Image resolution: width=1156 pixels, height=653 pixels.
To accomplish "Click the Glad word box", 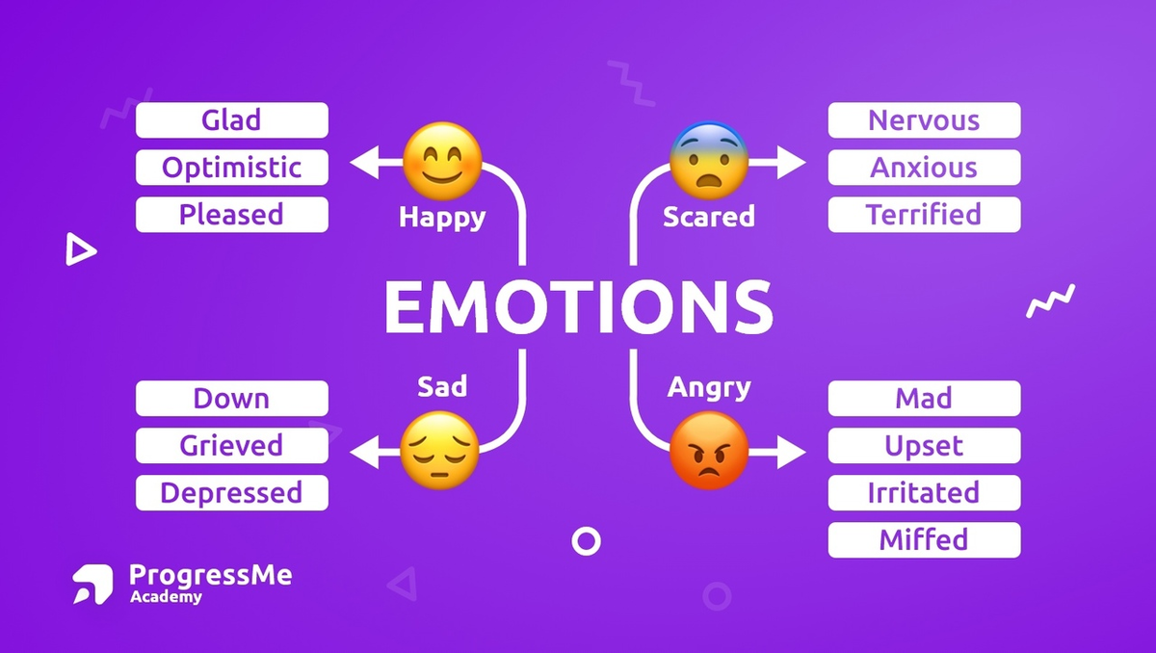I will pos(231,120).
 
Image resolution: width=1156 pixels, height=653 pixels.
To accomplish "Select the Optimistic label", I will pos(231,168).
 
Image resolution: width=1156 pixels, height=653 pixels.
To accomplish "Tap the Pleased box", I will pos(231,215).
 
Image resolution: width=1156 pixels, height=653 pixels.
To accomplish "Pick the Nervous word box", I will pos(924,120).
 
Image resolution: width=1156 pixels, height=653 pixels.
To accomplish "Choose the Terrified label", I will pos(924,215).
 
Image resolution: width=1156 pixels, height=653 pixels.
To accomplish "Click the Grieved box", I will pos(231,446).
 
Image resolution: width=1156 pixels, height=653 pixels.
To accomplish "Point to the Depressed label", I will pos(231,493).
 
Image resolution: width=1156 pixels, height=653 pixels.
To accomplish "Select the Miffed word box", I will pos(924,539).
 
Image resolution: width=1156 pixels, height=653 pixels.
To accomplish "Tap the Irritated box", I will pos(924,493).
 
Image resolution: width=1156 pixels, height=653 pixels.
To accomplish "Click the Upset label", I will pos(924,446).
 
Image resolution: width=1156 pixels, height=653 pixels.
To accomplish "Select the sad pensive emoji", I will pos(440,450).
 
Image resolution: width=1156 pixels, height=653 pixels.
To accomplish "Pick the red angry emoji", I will pos(709,450).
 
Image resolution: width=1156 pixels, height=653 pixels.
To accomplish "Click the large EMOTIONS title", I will pos(578,306).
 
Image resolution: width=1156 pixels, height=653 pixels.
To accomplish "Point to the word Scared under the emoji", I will pos(709,218).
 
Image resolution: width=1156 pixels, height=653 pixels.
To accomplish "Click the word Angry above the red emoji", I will pos(709,387).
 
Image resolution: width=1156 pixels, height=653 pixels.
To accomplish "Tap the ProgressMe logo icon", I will pos(92,584).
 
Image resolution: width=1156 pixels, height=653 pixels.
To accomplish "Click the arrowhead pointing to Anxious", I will pos(791,164).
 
